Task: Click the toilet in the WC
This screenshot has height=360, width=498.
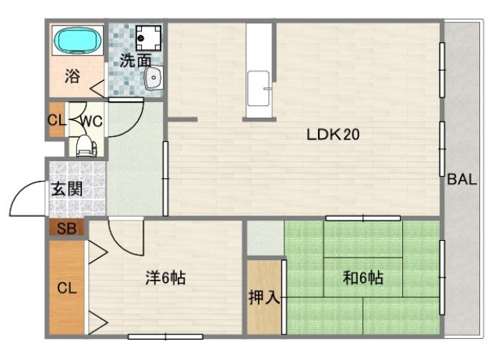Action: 85,145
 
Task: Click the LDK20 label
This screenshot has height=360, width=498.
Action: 332,134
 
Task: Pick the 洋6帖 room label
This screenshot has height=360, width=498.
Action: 165,277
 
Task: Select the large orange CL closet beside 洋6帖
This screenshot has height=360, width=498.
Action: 66,287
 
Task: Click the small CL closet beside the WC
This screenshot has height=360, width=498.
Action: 56,121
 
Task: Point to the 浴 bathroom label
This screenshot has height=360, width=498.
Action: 72,77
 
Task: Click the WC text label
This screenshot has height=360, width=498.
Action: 91,121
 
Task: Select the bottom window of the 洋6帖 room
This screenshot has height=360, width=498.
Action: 165,337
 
